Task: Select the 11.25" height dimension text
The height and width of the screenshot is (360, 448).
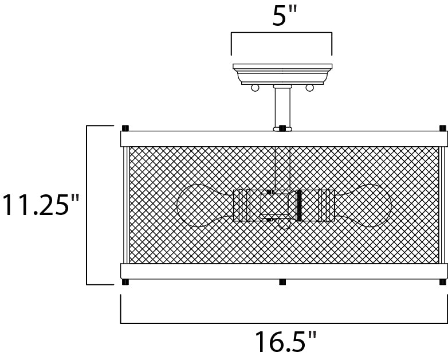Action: coord(40,205)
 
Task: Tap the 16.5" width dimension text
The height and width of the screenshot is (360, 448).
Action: coord(286,342)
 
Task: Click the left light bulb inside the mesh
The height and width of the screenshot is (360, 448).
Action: coord(205,206)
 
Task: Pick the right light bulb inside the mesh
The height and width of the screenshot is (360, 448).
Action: coord(363,206)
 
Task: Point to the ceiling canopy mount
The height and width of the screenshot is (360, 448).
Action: coord(282,74)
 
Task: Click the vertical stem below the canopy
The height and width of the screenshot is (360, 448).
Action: coord(282,108)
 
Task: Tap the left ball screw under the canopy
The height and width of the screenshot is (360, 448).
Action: coord(255,88)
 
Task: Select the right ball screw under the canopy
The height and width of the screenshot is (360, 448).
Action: coord(309,88)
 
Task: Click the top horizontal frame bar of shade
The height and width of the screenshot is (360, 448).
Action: coord(284,139)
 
